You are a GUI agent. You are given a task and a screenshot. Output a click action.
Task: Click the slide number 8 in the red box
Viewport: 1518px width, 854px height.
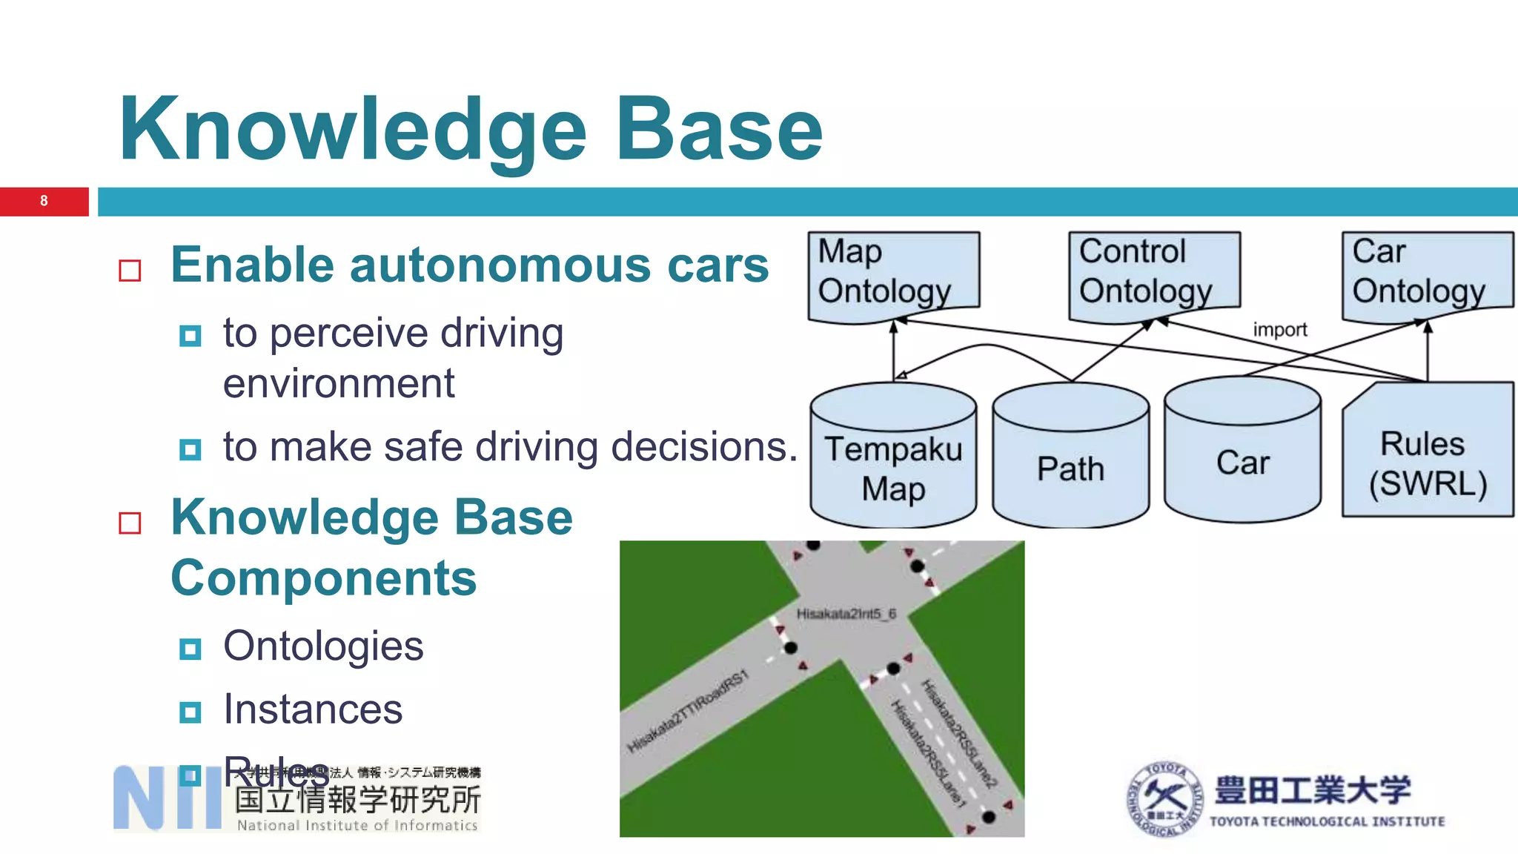[x=44, y=201]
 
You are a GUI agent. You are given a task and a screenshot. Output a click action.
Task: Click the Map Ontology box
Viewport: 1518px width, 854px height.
[x=892, y=273]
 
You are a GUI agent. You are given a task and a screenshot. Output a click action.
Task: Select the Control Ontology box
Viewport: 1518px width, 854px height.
[x=1153, y=273]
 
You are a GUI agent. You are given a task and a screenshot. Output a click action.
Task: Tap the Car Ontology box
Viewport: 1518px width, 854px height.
[x=1426, y=273]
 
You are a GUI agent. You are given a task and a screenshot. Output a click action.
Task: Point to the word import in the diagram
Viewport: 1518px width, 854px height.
[x=1279, y=330]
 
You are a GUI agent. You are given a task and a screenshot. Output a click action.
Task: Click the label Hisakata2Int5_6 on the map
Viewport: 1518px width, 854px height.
[x=846, y=614]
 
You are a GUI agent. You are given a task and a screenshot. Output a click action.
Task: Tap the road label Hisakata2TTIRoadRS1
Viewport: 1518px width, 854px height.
[x=688, y=712]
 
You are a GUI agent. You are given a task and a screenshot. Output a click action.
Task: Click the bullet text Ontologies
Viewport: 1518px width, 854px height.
[x=323, y=646]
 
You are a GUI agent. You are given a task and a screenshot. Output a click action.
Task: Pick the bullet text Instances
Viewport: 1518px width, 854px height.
[x=313, y=709]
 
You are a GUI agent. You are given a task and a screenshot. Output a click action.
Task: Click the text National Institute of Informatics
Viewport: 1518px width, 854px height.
[x=357, y=825]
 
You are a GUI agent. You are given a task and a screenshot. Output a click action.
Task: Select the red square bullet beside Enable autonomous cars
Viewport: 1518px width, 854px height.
[x=130, y=271]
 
